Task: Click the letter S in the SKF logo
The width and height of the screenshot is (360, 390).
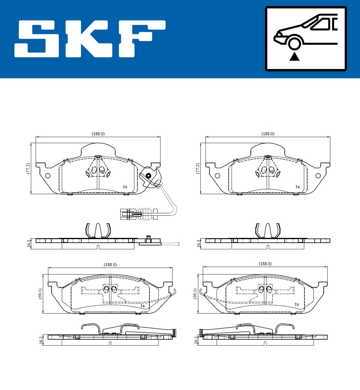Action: (37, 39)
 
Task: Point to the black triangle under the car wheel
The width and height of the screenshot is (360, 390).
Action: (294, 57)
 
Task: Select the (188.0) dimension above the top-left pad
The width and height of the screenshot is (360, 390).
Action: (98, 134)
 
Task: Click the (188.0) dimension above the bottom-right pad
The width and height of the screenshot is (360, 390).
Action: (265, 264)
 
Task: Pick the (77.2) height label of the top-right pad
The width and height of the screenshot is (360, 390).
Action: (198, 169)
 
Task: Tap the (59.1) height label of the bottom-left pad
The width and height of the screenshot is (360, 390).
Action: (40, 294)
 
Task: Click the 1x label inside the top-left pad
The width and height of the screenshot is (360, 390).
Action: (125, 187)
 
